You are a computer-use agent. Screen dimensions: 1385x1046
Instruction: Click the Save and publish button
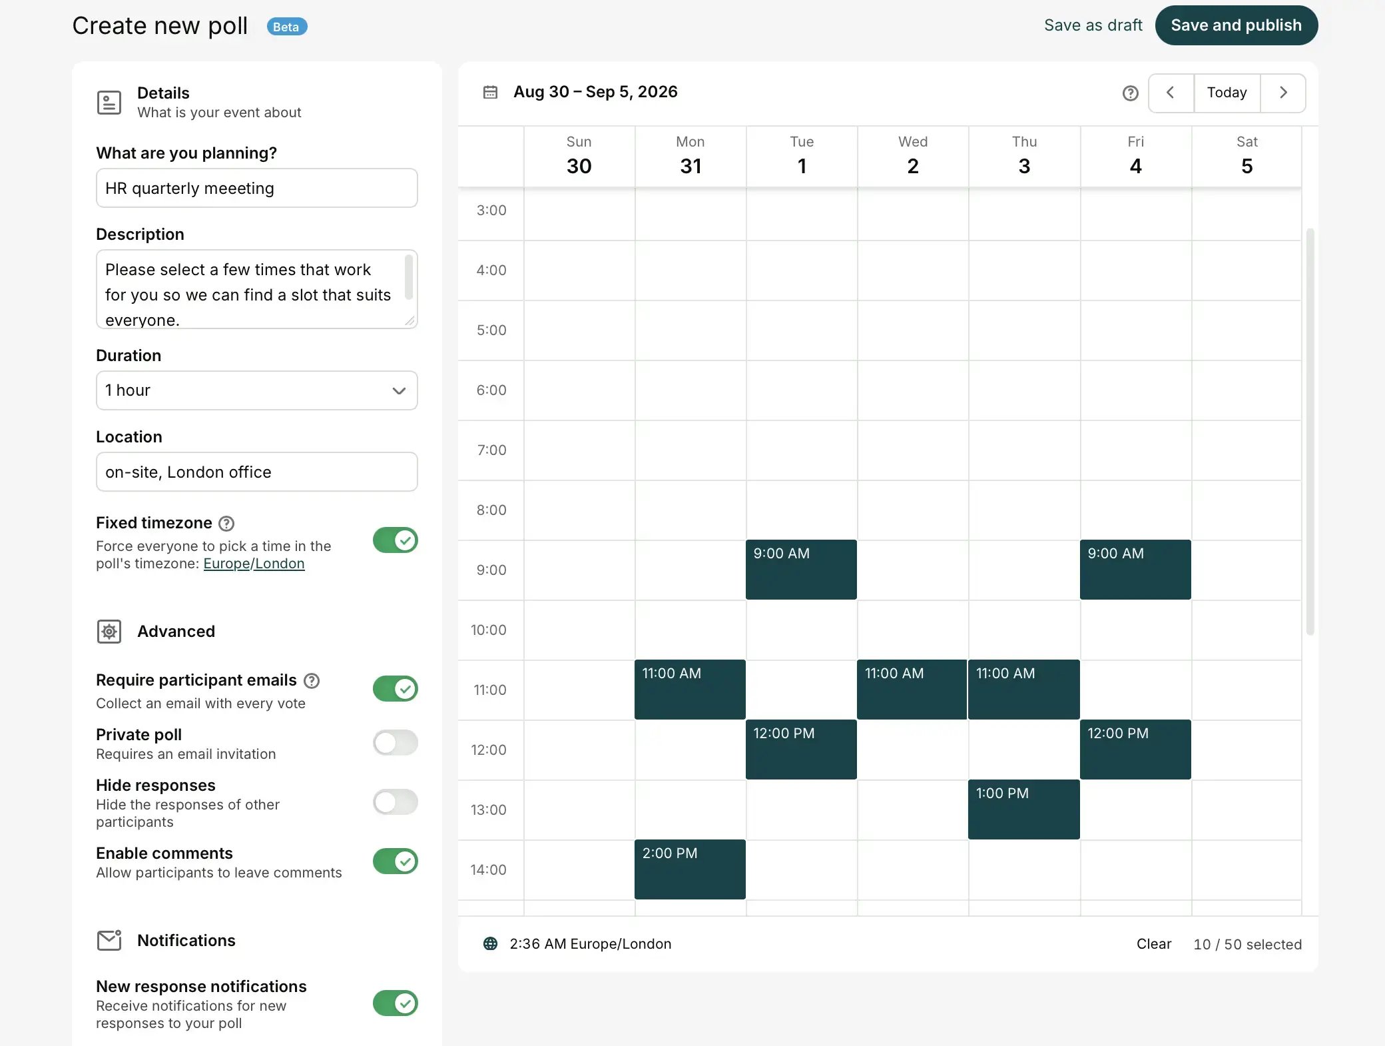1236,25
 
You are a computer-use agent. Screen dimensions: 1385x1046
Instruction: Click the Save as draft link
1093,25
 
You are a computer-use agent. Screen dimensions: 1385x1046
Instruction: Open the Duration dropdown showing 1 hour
256,390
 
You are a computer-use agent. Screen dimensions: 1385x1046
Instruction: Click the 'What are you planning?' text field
256,188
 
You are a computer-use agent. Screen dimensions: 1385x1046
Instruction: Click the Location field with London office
256,472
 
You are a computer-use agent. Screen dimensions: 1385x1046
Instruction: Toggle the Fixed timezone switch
395,540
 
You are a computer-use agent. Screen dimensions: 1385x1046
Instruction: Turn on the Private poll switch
395,742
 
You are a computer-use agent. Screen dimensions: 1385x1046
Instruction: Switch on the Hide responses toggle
395,802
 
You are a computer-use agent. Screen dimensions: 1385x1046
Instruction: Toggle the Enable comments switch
395,861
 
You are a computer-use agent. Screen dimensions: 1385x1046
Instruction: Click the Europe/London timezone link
254,564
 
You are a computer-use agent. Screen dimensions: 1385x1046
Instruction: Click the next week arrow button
1282,93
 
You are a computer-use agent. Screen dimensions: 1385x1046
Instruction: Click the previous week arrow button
1171,93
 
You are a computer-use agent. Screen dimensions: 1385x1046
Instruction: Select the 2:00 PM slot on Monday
690,869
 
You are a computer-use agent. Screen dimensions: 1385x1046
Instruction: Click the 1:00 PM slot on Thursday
1023,809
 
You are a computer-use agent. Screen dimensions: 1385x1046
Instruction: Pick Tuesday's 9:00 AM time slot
801,570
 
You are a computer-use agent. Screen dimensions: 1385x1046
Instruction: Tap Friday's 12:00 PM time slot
1135,750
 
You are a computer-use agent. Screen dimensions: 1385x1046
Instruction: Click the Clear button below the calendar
1153,944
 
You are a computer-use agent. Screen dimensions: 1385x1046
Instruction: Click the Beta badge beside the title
286,27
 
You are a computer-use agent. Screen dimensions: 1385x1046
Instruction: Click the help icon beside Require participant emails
312,680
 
